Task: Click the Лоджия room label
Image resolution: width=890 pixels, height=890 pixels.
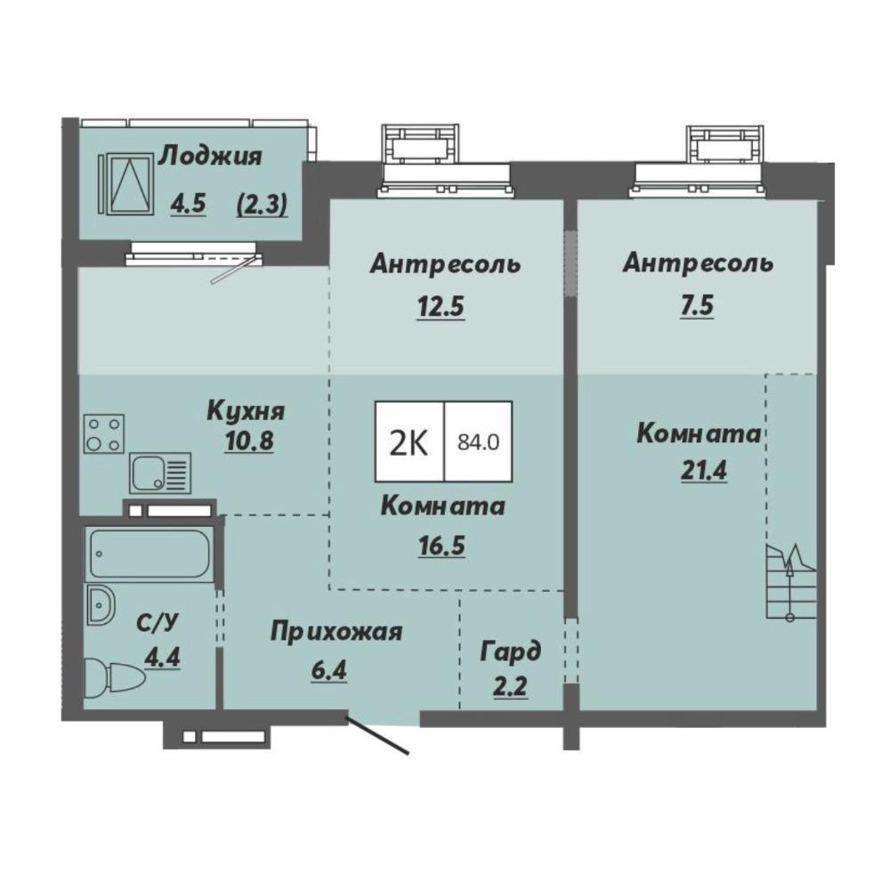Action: click(x=210, y=157)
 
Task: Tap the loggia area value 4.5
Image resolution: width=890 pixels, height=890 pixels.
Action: click(x=188, y=204)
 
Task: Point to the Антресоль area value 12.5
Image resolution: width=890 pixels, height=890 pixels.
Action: click(x=441, y=307)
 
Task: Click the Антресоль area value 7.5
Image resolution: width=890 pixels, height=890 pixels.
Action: click(x=697, y=305)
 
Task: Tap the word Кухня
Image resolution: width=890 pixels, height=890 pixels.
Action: click(x=246, y=411)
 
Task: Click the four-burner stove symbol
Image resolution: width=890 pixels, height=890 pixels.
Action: click(x=104, y=433)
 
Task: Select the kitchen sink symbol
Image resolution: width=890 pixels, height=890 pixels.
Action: click(x=160, y=473)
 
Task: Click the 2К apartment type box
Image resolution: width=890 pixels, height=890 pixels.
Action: click(x=409, y=441)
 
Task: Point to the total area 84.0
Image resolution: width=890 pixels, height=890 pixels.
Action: click(x=479, y=441)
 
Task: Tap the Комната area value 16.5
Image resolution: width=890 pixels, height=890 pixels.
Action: click(x=441, y=546)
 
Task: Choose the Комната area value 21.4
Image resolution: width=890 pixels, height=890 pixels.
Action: click(x=703, y=471)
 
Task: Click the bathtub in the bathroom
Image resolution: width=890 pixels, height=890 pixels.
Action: click(x=149, y=554)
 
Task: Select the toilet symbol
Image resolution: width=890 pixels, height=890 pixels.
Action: click(x=115, y=678)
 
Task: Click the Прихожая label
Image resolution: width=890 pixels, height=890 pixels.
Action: click(x=336, y=632)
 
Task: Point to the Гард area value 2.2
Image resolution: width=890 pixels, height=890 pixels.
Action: click(x=510, y=687)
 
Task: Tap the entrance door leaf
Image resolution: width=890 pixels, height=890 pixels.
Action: click(x=378, y=737)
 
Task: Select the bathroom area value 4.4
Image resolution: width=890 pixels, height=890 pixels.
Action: click(x=162, y=659)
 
